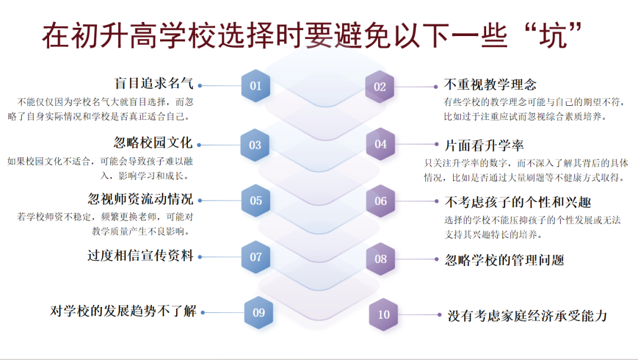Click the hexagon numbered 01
point(255,86)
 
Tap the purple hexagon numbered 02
point(380,87)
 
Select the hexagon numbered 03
point(255,145)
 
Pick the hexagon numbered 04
point(380,144)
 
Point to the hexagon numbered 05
point(256,201)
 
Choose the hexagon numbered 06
point(380,201)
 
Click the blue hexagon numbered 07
point(256,257)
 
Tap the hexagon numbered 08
point(380,258)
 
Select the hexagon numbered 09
point(259,313)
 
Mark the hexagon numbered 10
point(384,314)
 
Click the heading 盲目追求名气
point(154,84)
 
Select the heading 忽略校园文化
point(153,142)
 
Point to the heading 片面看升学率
point(484,145)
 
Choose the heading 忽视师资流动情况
point(141,199)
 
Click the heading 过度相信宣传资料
point(141,256)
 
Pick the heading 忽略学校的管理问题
point(504,260)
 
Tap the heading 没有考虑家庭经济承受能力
point(527,316)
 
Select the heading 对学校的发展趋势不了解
point(123,311)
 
